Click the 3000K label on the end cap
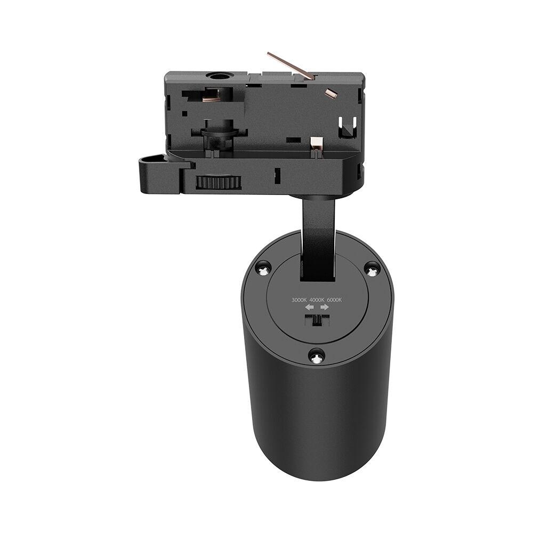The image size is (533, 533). point(299,300)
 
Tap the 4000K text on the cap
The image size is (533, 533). point(317,300)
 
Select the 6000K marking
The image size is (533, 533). point(334,300)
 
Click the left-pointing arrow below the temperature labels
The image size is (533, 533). point(308,308)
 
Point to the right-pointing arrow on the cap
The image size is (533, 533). point(325,308)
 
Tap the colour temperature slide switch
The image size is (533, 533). point(317,320)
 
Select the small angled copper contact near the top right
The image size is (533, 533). point(329,93)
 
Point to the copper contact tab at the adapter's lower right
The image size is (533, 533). point(316,142)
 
